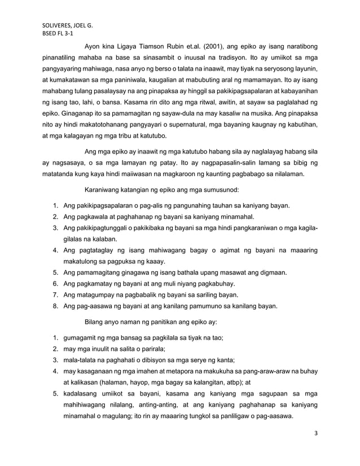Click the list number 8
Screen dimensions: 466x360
click(55, 306)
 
